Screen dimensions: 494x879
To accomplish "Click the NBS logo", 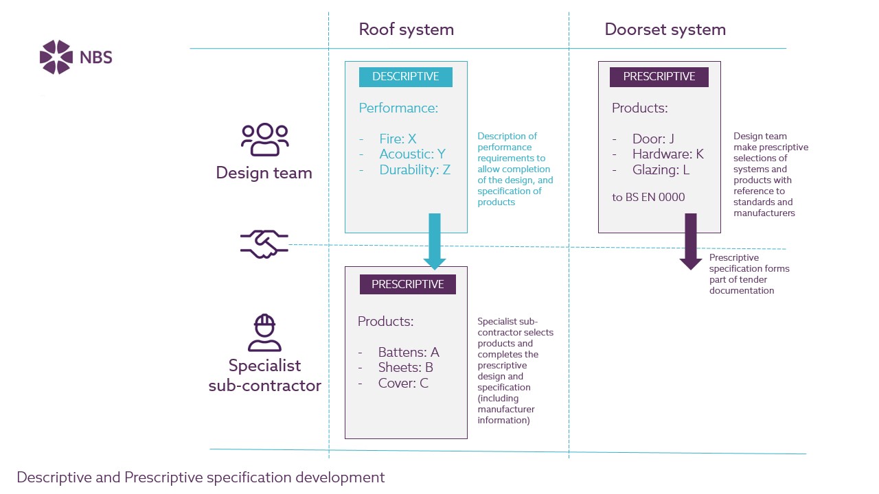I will pos(76,57).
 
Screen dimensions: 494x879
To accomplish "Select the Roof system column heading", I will pos(406,30).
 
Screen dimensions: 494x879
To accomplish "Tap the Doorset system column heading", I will pos(665,30).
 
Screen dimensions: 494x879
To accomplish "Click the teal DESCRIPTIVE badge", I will pos(405,77).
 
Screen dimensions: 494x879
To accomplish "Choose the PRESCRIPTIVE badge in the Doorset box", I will pos(659,77).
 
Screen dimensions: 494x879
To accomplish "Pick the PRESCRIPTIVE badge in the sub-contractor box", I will pos(407,284).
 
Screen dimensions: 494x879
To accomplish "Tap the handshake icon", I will pos(264,244).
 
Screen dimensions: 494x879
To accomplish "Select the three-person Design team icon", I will pos(265,139).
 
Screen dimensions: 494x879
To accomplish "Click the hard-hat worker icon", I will pos(264,333).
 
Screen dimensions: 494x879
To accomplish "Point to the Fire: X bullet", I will pos(398,139).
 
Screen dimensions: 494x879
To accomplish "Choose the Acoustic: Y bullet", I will pos(412,154).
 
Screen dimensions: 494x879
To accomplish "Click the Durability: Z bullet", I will pos(415,169).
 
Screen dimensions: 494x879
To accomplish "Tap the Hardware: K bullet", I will pos(667,154).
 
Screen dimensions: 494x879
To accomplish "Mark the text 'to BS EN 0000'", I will pos(648,197).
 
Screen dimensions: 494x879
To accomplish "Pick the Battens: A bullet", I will pos(408,352).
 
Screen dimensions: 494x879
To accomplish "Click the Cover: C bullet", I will pos(403,383).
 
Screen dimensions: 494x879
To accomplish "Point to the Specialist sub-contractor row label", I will pos(265,375).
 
